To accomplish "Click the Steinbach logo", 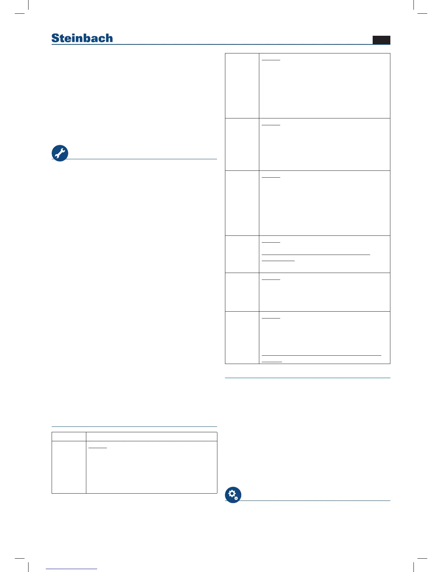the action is click(x=82, y=38).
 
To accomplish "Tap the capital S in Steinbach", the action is click(x=55, y=38).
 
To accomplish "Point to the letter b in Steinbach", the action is click(x=90, y=38).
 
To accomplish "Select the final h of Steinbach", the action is click(x=109, y=38).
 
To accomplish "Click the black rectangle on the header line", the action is click(x=381, y=40).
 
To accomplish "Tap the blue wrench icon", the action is click(x=60, y=153).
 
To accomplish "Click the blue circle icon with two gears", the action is click(x=233, y=495).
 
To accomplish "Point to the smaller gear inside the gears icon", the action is click(x=236, y=498).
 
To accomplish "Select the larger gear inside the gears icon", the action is click(x=231, y=493).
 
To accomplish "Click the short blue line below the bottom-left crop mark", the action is click(x=71, y=569).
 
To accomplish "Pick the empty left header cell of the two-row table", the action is click(x=69, y=437).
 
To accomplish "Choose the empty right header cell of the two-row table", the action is click(x=151, y=437).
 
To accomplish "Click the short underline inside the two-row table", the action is click(x=97, y=448).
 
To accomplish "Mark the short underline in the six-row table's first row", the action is click(x=271, y=60).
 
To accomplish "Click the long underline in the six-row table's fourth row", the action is click(x=316, y=255).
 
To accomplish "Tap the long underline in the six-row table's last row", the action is click(x=321, y=356).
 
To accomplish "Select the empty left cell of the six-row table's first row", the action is click(x=242, y=86).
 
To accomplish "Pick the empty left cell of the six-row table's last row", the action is click(x=242, y=337).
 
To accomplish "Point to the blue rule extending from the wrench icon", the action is click(x=143, y=159).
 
